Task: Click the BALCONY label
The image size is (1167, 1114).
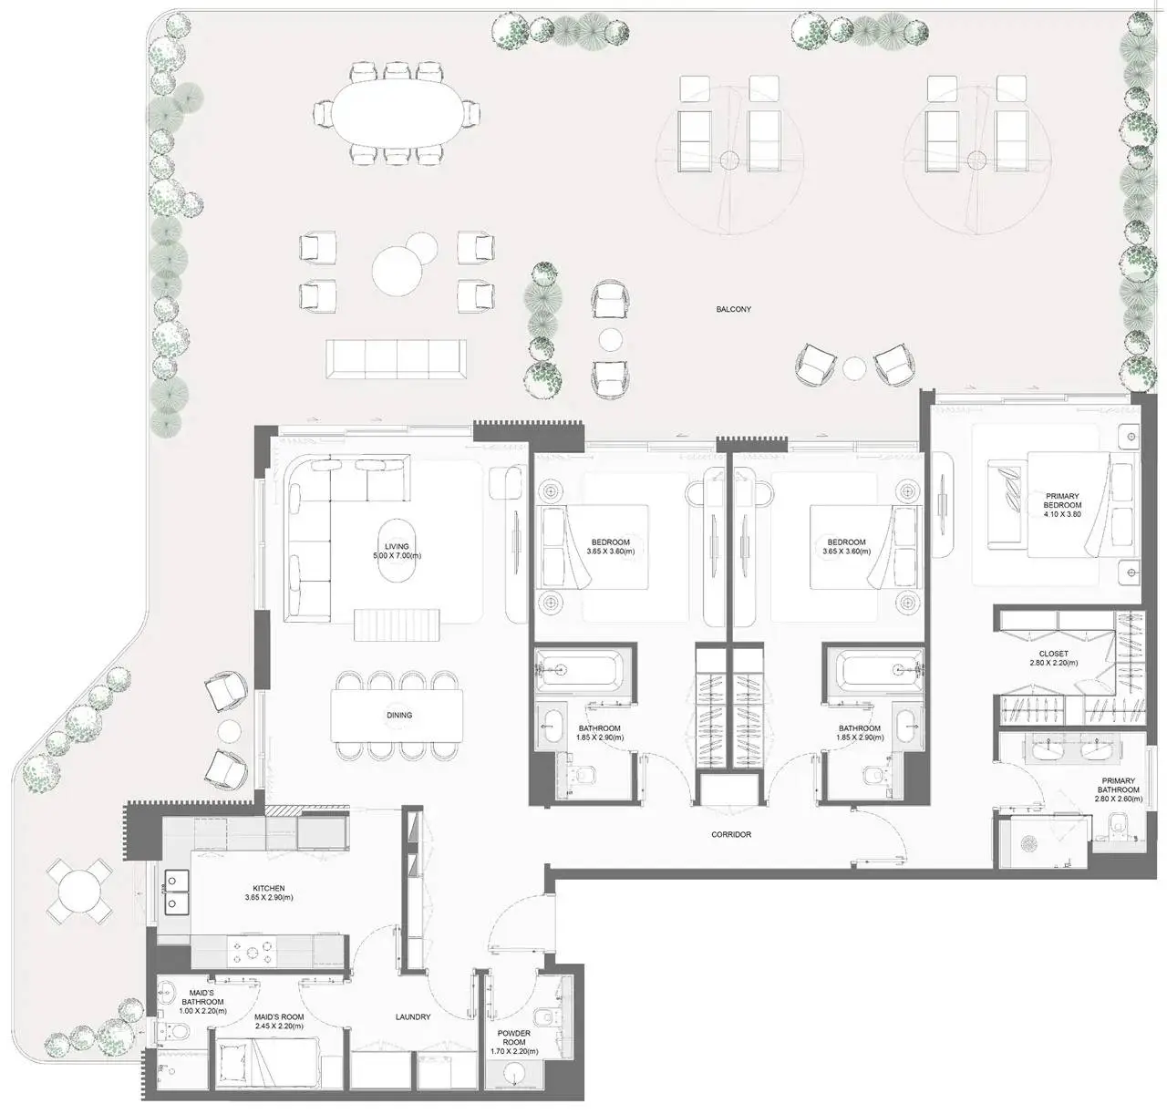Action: click(733, 309)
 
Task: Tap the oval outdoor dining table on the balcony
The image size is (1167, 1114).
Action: click(397, 112)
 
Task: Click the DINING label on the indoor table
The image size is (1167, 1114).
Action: click(399, 715)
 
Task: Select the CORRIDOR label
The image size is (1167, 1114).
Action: click(731, 834)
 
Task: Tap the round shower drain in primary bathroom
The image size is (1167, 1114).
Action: click(1029, 843)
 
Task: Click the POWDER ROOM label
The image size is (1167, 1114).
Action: click(514, 1037)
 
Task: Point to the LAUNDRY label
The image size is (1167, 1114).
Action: click(413, 1016)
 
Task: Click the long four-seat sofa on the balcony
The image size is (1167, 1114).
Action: click(396, 358)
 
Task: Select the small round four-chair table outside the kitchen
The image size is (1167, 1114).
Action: click(78, 891)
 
